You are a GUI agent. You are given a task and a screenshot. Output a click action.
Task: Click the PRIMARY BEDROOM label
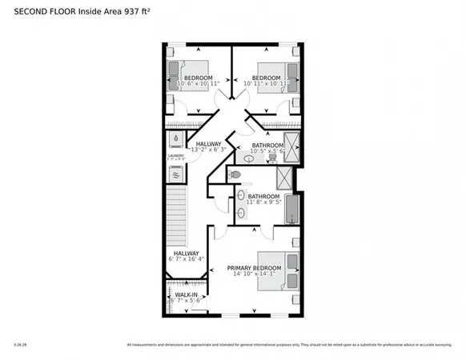point(254,267)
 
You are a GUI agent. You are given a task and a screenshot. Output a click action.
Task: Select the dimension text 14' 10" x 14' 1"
point(254,274)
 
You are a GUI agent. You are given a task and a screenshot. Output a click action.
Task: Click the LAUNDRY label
point(175,155)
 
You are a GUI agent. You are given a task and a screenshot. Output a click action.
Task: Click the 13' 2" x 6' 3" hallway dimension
point(209,150)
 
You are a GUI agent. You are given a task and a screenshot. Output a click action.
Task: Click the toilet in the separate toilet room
point(234,175)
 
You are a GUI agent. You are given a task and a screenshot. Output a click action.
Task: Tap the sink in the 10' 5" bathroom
point(250,159)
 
